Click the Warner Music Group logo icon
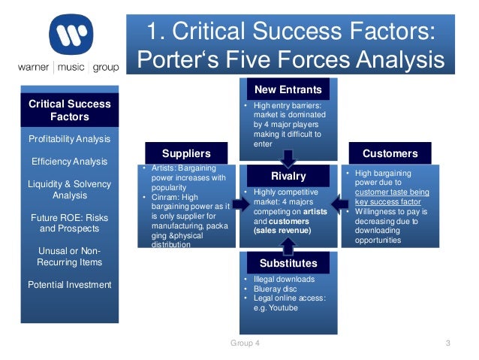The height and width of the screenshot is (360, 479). [71, 35]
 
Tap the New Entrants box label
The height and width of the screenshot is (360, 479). [288, 89]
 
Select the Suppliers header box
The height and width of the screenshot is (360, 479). [187, 153]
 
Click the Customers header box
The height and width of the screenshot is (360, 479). [390, 153]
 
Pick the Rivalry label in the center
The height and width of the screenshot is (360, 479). [288, 176]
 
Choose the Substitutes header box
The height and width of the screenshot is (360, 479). [288, 263]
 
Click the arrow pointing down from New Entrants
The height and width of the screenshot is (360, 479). [288, 156]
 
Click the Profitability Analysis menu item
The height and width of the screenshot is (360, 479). [70, 139]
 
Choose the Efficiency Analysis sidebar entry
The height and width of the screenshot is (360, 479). [70, 161]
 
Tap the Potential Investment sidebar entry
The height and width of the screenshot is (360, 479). [70, 284]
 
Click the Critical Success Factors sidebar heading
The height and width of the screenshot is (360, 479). [70, 110]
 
